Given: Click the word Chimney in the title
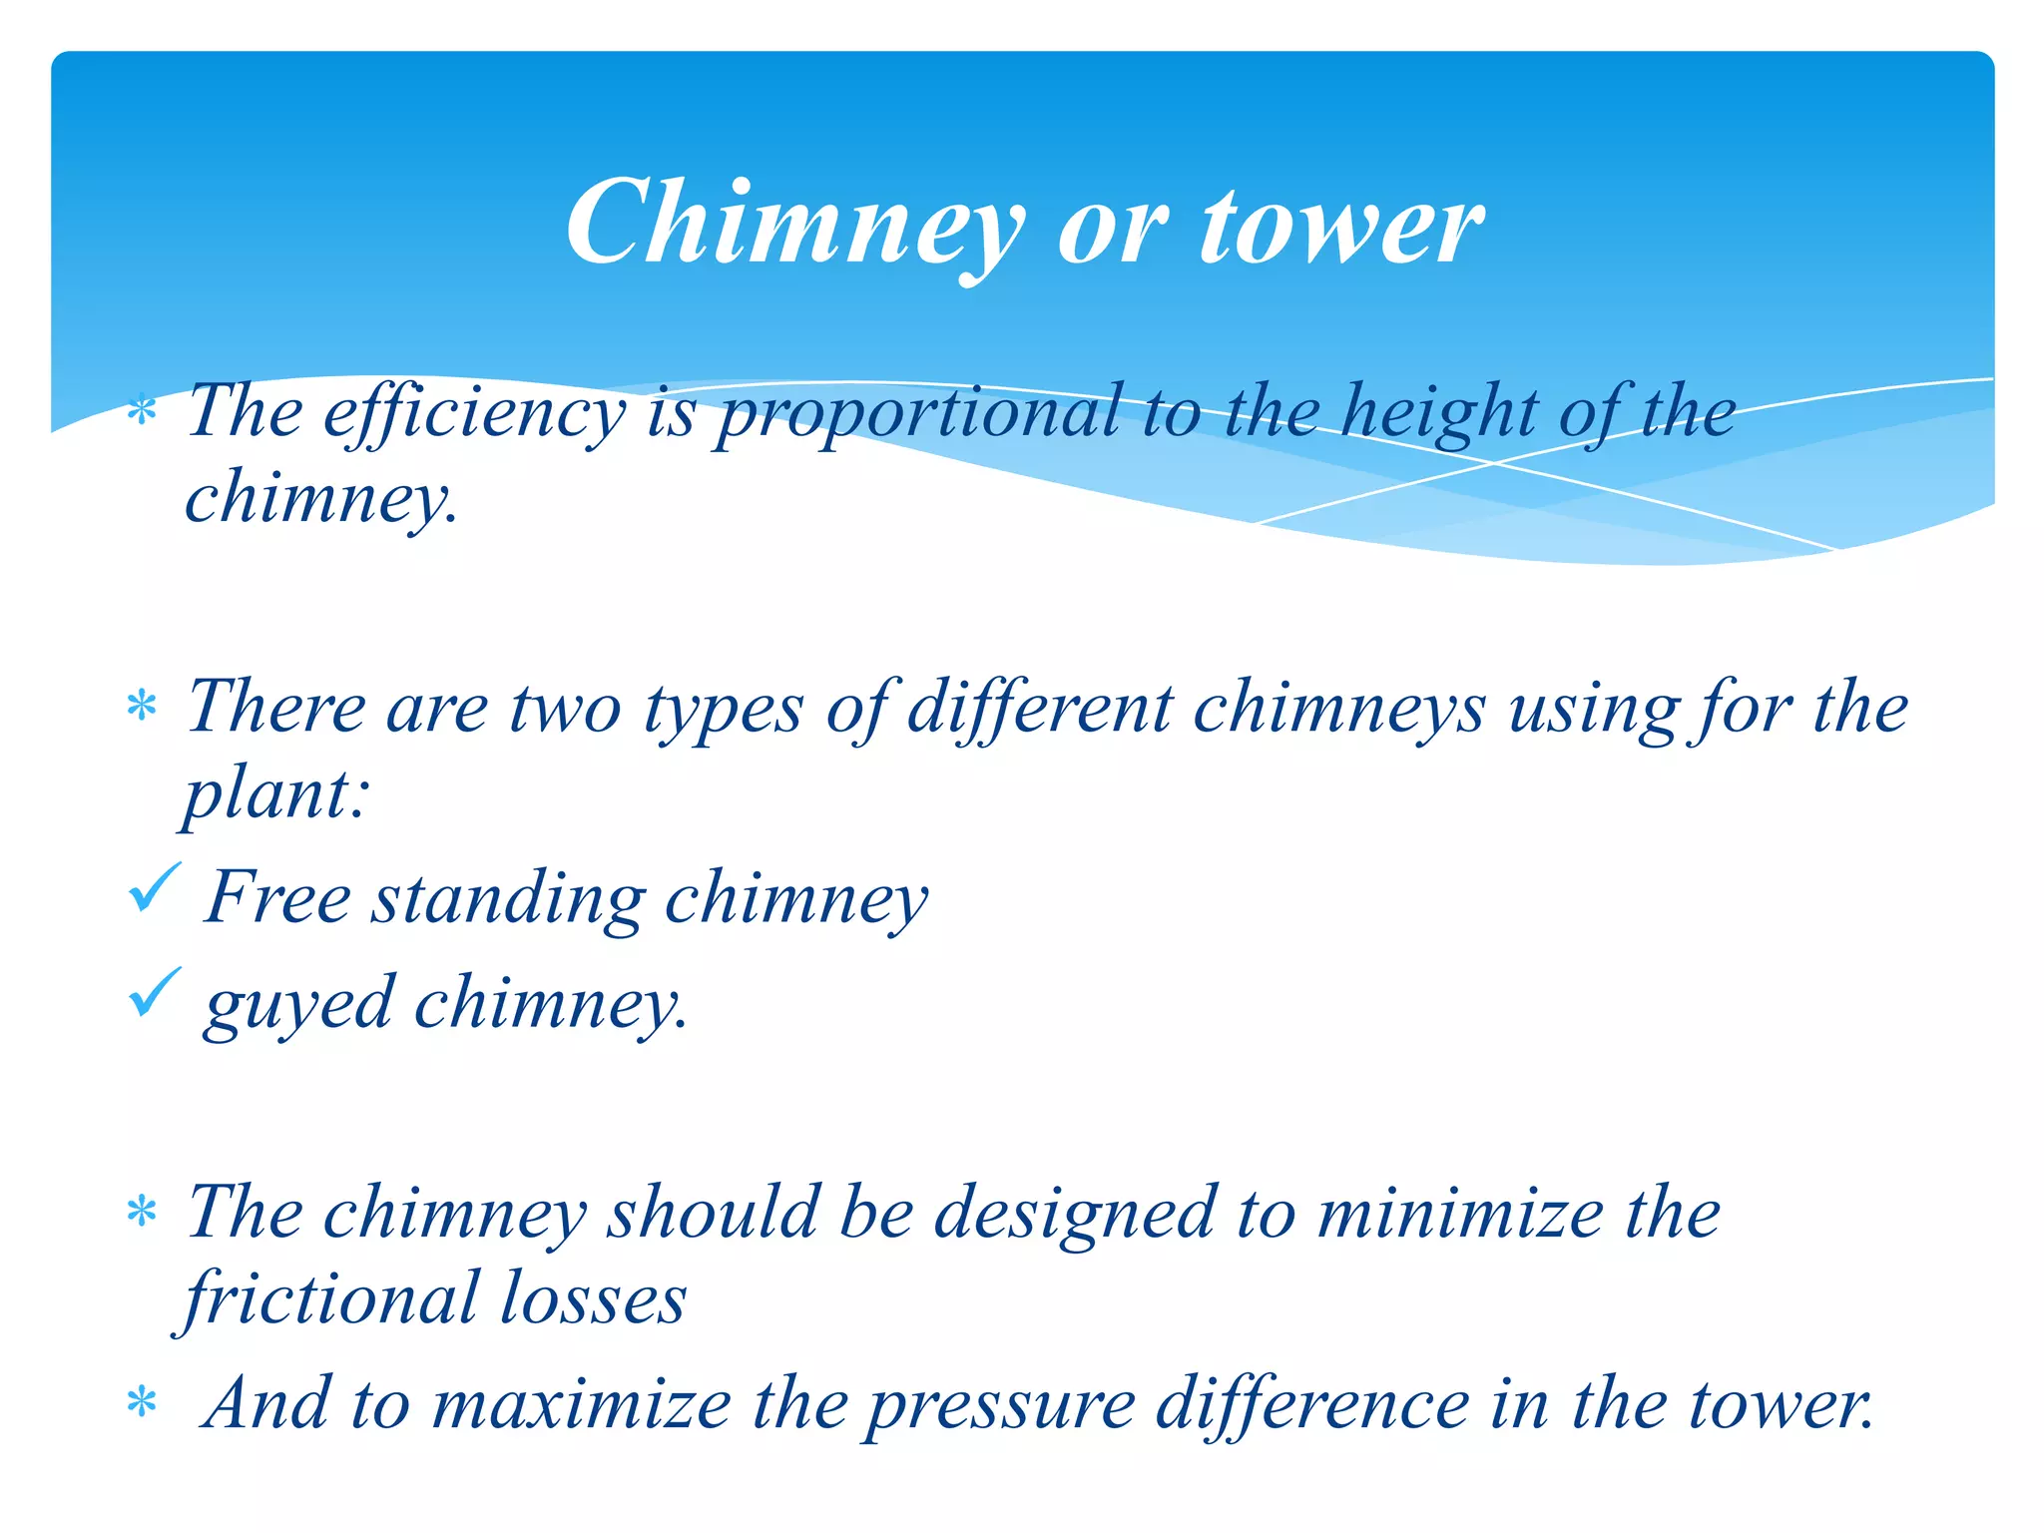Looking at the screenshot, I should tap(794, 226).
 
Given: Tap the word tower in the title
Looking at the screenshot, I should tap(1341, 226).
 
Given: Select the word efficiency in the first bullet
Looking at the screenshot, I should tap(475, 412).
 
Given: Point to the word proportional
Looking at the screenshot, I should tap(918, 412).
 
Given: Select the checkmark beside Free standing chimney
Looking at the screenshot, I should tap(155, 887).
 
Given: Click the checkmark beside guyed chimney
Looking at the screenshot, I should tap(155, 992).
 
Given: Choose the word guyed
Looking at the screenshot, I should tap(299, 1004).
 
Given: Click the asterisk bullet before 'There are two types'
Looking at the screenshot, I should tap(143, 707).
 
